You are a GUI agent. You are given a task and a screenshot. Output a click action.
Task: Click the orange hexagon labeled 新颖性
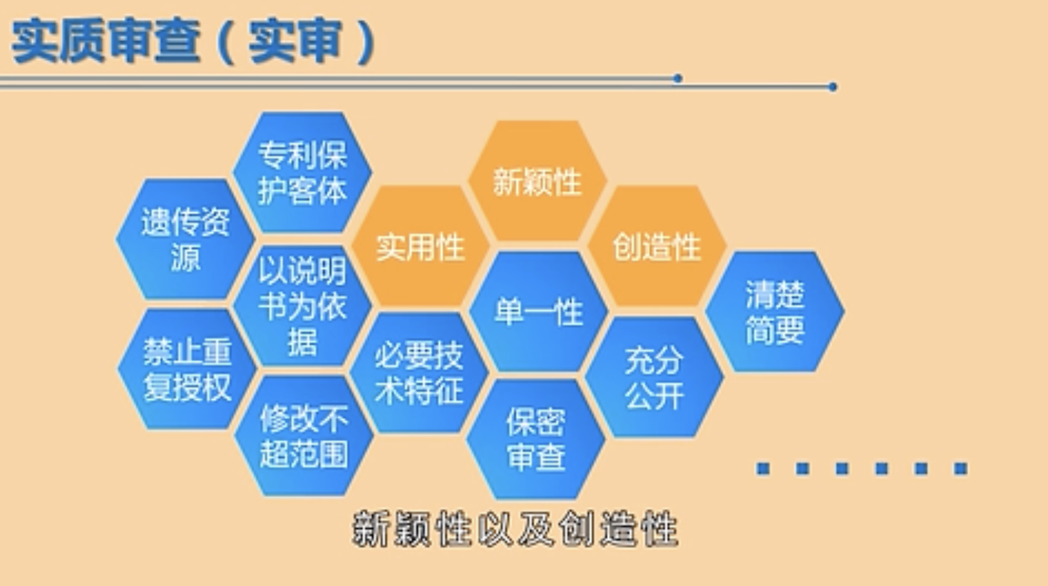[538, 182]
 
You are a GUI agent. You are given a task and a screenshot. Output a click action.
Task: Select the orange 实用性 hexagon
[421, 247]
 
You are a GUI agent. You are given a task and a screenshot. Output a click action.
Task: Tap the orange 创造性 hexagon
[657, 247]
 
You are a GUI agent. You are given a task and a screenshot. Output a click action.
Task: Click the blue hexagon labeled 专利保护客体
[302, 172]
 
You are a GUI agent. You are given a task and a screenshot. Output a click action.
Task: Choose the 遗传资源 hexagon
[185, 239]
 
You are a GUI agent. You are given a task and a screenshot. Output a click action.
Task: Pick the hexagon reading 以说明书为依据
[302, 306]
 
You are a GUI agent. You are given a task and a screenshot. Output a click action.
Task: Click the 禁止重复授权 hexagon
[187, 369]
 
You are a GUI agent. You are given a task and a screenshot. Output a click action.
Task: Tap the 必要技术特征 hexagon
[419, 373]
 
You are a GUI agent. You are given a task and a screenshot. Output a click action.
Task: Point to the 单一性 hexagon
[538, 312]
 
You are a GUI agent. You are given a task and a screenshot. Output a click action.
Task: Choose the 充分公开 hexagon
[654, 377]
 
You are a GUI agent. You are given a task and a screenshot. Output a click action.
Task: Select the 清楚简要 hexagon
[775, 312]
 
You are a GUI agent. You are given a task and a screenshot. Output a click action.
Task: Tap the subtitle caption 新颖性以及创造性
[515, 529]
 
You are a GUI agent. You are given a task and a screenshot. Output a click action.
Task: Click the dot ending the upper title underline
[677, 78]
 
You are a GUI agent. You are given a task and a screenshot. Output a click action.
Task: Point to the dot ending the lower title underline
[832, 86]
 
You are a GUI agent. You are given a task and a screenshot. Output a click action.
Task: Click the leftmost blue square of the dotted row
[763, 468]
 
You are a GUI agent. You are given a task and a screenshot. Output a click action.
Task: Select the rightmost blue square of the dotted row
[960, 468]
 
